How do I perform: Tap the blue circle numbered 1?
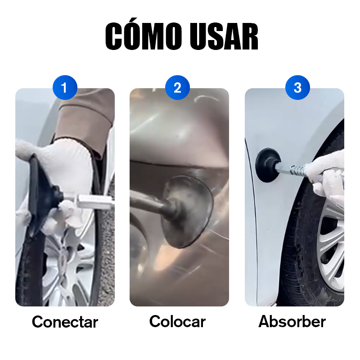point(65,87)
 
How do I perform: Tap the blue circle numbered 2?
point(177,87)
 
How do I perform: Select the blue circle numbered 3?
point(297,87)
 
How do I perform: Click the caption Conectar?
point(65,322)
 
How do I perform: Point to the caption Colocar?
point(177,321)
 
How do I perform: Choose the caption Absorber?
point(292,321)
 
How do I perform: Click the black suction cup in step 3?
point(267,165)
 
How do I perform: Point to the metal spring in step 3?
point(297,170)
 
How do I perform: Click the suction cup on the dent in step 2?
point(187,211)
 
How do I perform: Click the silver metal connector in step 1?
point(95,202)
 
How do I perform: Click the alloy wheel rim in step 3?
point(331,248)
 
